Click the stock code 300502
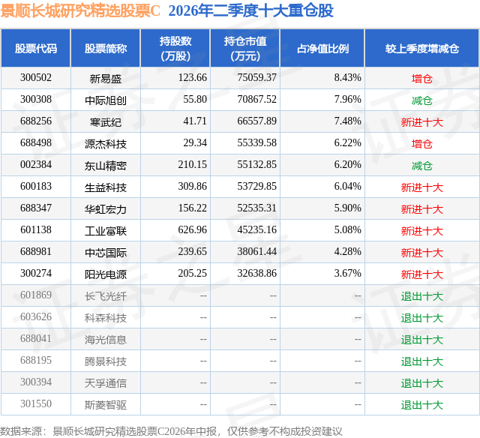(x=36, y=78)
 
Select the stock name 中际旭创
(x=106, y=100)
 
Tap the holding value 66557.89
(x=256, y=121)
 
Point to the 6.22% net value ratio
(x=347, y=143)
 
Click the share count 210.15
(x=192, y=165)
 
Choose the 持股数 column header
(x=175, y=48)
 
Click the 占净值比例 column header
(x=322, y=48)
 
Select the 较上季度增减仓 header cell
(x=422, y=48)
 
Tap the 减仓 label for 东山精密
(x=422, y=166)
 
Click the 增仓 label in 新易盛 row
(x=422, y=79)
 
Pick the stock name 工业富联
(x=106, y=231)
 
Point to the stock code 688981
(x=36, y=251)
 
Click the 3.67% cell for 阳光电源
(x=347, y=273)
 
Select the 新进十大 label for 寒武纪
(x=422, y=122)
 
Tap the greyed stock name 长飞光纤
(x=106, y=296)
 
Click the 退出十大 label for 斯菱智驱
(x=422, y=405)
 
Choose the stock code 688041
(x=36, y=338)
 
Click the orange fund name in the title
(x=80, y=11)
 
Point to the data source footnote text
(x=171, y=431)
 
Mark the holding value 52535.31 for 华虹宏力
(x=256, y=208)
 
